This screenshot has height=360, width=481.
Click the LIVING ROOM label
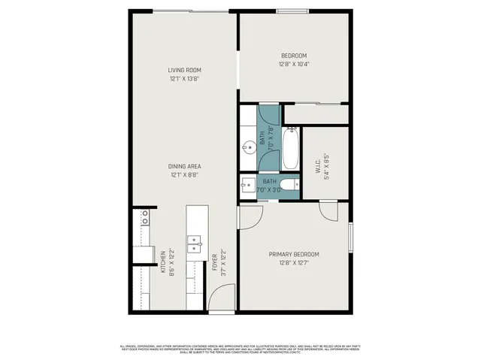[185, 70]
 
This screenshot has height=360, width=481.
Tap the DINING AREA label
[185, 166]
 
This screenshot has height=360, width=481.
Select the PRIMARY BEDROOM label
[295, 254]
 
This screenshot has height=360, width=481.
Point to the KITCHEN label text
[162, 260]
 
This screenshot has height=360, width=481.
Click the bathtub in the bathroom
[292, 149]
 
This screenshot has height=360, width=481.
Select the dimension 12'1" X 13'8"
[185, 79]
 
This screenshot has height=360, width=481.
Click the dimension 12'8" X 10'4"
[295, 65]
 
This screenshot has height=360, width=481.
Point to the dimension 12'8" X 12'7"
[295, 263]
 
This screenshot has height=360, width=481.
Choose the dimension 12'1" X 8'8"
[185, 175]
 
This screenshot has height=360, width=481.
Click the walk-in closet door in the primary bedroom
[328, 210]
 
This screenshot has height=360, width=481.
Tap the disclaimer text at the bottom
[240, 349]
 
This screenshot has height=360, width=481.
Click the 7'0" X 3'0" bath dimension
[269, 190]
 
